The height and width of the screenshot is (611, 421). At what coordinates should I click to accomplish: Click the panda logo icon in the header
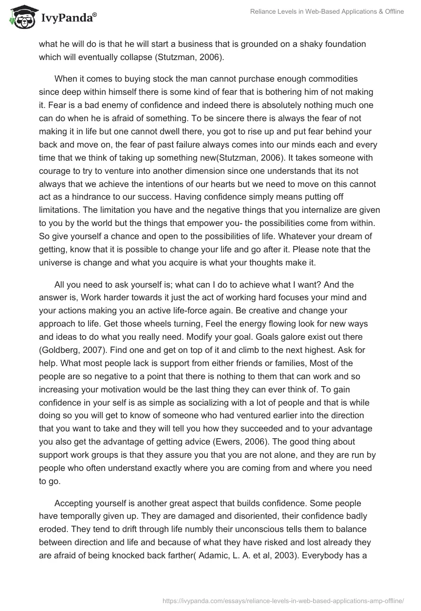click(21, 18)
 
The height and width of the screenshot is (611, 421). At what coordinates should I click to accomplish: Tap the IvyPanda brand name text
click(67, 18)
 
